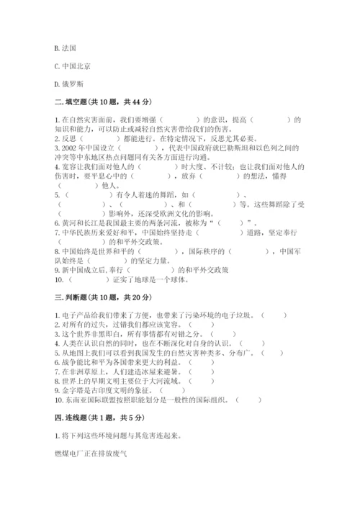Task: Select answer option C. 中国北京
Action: coord(72,66)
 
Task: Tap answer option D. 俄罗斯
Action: coord(68,84)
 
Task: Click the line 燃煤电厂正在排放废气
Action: coord(90,454)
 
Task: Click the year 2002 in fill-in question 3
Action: coord(68,148)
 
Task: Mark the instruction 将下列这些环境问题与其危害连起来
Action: coord(119,436)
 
